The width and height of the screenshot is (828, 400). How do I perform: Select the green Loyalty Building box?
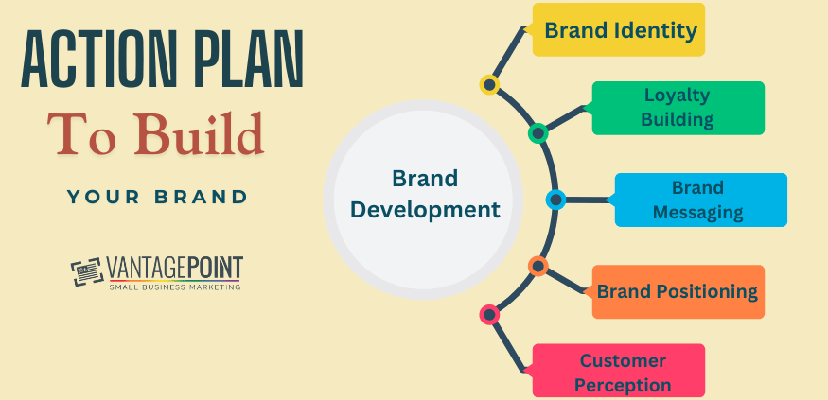pos(678,108)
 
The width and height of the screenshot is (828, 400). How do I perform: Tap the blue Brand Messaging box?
pos(700,200)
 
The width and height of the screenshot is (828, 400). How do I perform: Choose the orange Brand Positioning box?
pos(678,291)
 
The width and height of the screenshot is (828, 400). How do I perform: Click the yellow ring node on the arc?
pos(489,85)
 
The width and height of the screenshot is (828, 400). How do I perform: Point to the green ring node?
pos(538,133)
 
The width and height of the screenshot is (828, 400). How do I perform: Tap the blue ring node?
pos(555,200)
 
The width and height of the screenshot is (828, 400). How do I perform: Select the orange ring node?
pos(538,267)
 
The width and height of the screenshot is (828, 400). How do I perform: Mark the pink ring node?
pos(489,314)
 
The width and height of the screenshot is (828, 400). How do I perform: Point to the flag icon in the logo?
pos(87,272)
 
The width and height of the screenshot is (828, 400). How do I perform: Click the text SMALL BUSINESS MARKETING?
pos(174,287)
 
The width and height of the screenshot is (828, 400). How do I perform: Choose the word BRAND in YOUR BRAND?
pos(201,198)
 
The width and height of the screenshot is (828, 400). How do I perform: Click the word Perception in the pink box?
pos(624,384)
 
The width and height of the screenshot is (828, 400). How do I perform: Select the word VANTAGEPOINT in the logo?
pos(174,268)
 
